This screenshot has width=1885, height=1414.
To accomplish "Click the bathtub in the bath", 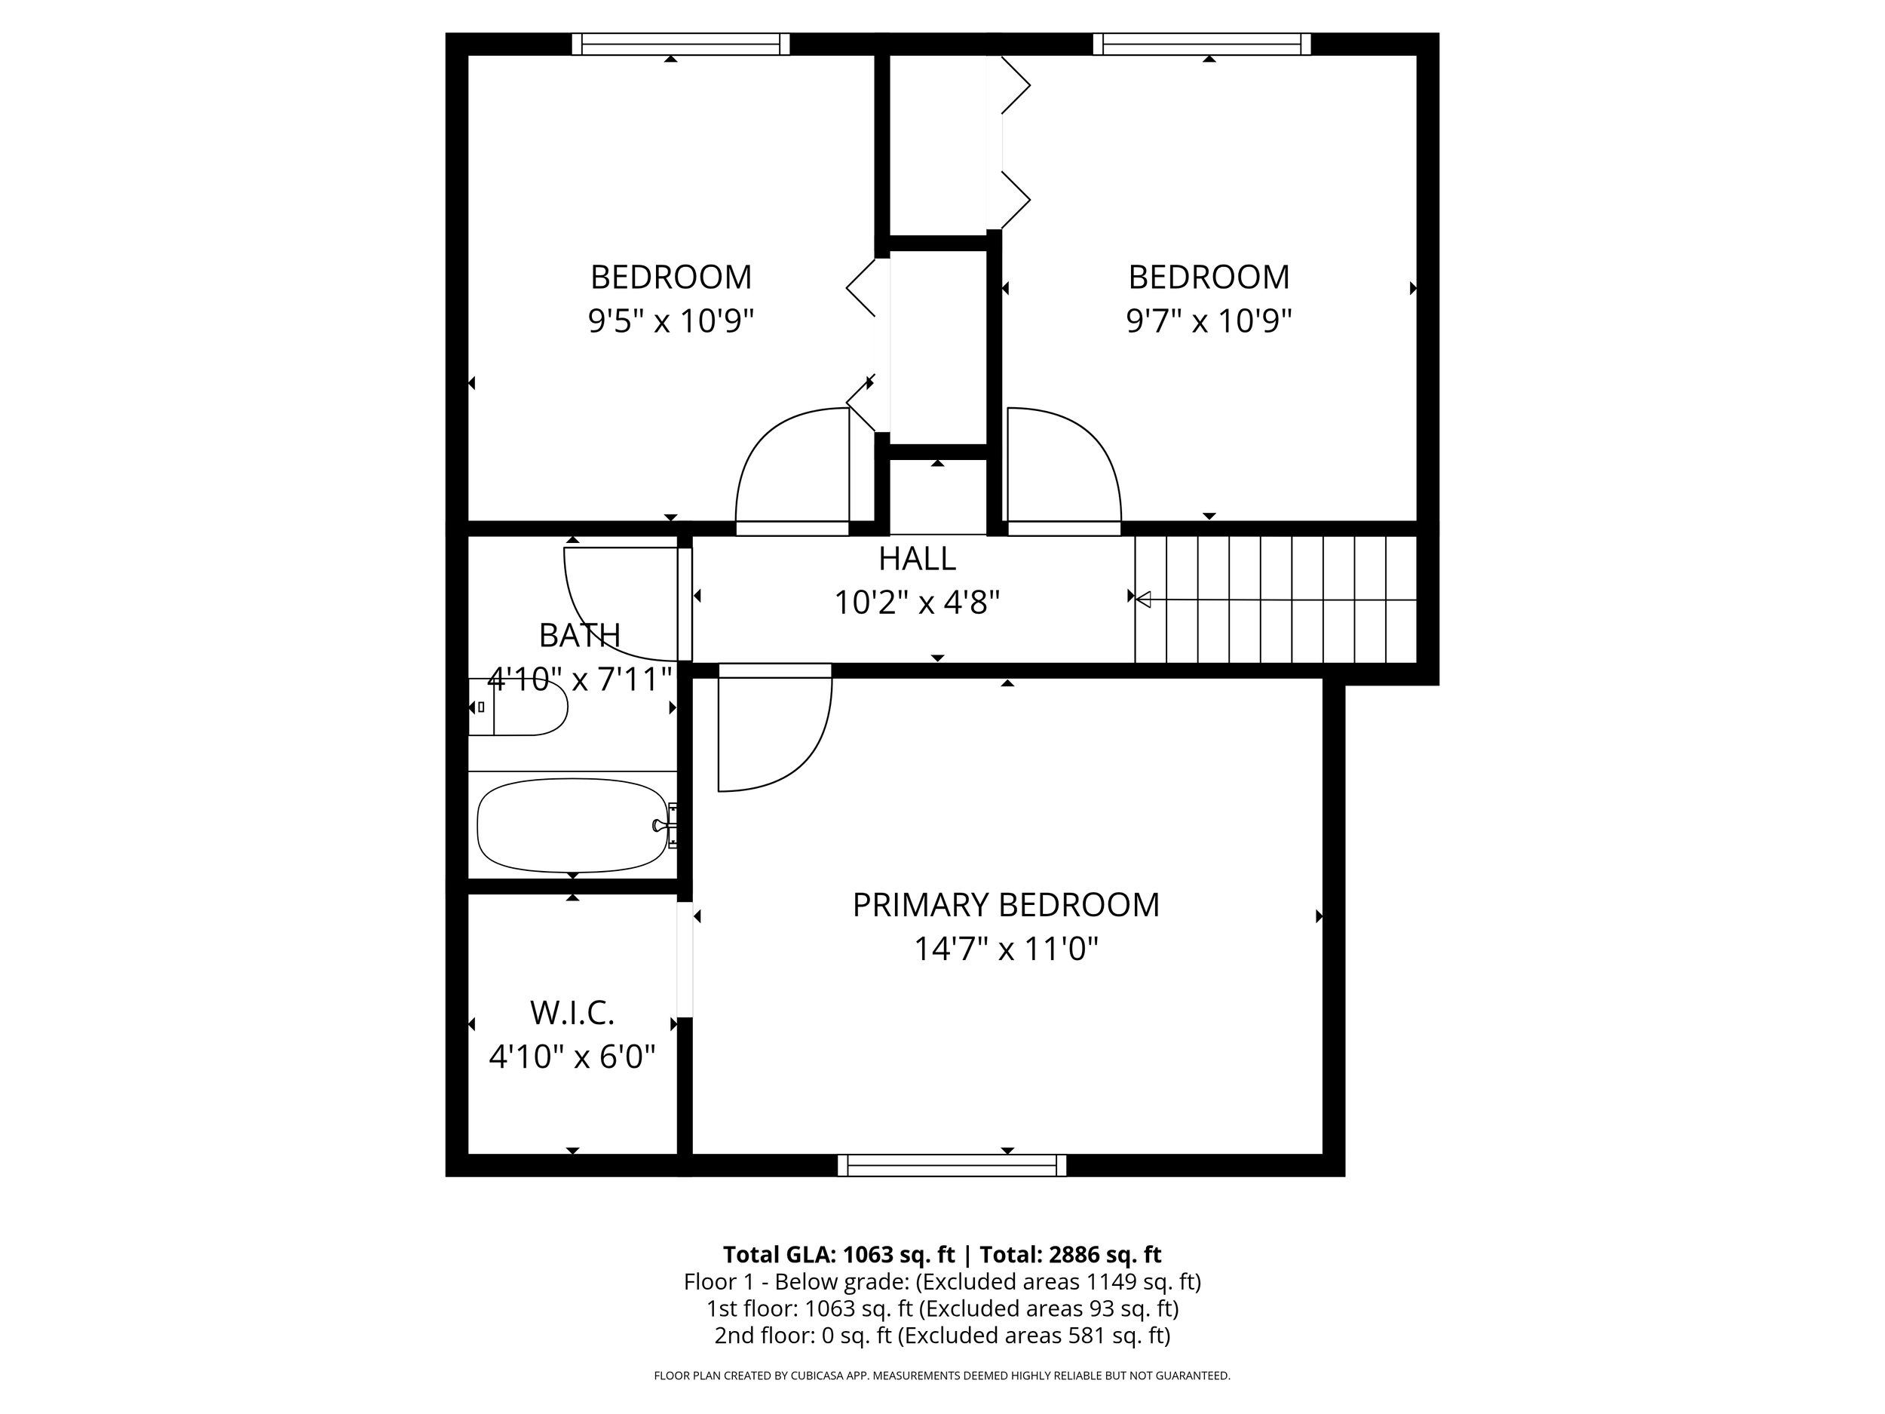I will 572,825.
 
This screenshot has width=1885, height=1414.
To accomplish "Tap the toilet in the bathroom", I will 519,707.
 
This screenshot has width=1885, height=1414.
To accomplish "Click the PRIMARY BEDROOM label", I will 1006,905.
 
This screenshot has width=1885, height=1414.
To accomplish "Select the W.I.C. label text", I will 572,1014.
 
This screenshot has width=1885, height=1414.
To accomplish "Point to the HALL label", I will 917,559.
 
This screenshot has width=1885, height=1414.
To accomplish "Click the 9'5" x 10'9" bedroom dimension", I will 670,322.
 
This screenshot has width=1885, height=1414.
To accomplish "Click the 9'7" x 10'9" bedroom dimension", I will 1209,322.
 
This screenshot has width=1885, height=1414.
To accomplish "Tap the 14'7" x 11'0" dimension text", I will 1006,949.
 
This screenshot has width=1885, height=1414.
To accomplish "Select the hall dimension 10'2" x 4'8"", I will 917,603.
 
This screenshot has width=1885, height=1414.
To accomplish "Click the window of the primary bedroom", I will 952,1165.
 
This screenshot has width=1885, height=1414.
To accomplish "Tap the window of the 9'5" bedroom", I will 680,44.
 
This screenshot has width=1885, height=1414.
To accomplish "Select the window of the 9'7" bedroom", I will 1202,44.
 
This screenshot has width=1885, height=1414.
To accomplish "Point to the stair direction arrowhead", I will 1144,600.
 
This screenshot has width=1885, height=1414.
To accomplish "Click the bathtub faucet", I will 661,825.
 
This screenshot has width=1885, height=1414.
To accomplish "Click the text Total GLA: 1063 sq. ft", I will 838,1255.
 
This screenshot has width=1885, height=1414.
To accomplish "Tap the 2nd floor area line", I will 942,1336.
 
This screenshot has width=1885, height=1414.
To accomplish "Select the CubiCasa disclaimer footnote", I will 942,1376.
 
